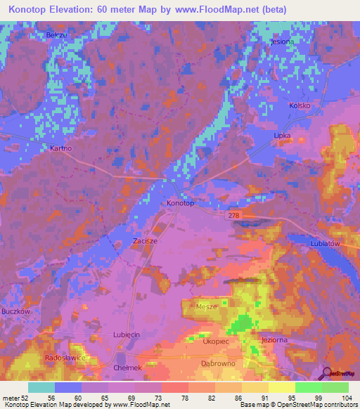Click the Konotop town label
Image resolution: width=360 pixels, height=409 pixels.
pos(180,203)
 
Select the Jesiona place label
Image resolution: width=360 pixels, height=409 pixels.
pos(281,41)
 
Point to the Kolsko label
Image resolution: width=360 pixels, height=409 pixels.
pos(300,105)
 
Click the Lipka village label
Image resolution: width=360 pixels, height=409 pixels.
pos(282,134)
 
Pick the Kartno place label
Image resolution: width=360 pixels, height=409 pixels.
pos(61,148)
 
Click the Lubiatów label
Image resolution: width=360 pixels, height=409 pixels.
pos(325,243)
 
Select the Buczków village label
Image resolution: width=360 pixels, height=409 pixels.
pos(14,311)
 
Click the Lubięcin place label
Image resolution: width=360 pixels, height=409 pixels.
pos(127,335)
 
